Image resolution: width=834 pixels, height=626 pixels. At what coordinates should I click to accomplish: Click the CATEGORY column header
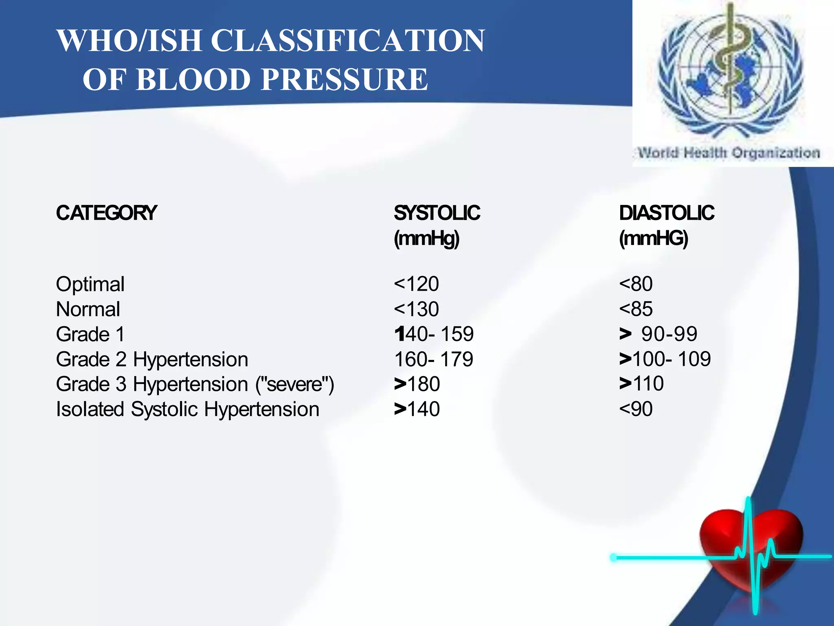click(106, 213)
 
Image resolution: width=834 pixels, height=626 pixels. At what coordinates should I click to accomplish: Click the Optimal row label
click(90, 284)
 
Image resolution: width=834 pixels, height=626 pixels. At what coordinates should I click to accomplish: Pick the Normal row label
click(88, 309)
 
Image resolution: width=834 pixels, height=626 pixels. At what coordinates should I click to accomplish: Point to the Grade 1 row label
click(90, 334)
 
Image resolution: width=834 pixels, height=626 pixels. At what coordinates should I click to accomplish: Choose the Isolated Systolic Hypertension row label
click(187, 409)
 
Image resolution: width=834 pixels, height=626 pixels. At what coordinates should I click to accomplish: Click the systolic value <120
click(416, 284)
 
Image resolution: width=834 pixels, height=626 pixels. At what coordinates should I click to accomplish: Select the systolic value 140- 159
click(434, 334)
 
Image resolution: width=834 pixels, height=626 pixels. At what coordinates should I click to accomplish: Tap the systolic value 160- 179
click(434, 359)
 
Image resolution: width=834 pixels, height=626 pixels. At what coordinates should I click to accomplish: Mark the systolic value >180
click(417, 384)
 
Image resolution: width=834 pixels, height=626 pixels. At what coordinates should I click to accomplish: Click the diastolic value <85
click(636, 309)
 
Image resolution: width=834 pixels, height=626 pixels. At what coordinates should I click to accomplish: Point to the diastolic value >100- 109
click(665, 359)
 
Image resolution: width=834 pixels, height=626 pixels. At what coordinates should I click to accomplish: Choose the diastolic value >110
click(642, 384)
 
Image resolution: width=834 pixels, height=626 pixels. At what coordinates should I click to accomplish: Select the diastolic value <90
click(636, 409)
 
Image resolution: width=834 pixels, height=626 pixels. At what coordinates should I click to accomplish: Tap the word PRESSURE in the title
click(344, 79)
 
